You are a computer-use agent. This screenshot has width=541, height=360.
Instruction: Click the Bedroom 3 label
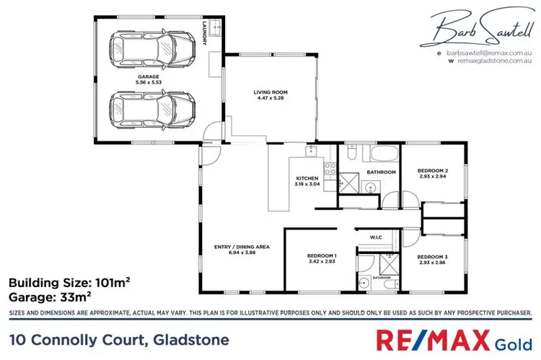tap(434, 256)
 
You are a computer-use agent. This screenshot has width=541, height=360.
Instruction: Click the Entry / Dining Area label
tap(242, 247)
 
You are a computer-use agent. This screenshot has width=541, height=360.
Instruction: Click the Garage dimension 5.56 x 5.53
tap(151, 82)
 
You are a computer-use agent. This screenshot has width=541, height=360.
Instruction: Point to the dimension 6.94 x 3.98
tap(242, 253)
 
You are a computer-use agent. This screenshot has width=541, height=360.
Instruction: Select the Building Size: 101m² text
tap(74, 282)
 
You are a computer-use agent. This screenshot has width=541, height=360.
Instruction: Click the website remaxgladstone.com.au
tap(494, 62)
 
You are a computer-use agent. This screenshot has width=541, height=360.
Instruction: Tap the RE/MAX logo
tap(430, 338)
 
